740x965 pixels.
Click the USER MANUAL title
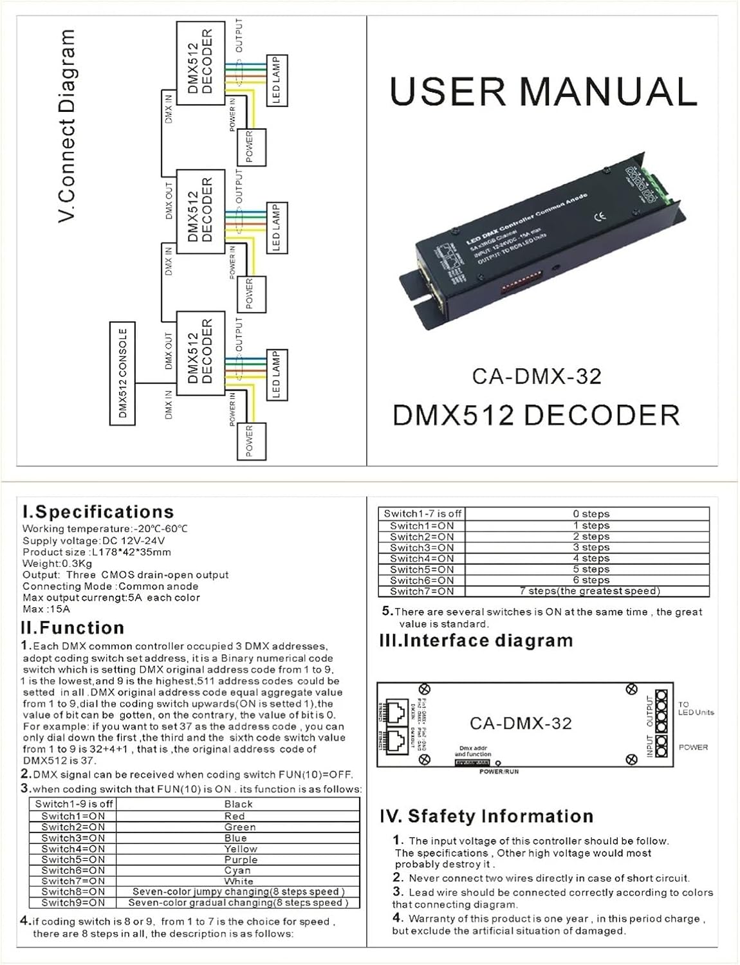point(544,92)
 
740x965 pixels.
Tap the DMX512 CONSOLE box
point(123,373)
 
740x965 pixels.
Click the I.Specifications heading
point(98,512)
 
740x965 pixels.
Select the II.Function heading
point(73,628)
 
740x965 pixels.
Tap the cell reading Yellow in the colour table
point(240,849)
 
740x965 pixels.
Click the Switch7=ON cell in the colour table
point(73,881)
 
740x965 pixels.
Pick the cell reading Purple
point(240,859)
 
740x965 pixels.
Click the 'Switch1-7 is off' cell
point(422,513)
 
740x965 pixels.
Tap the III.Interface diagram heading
point(476,641)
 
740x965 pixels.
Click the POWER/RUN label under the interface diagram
point(499,771)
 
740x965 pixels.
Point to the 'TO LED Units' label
point(695,708)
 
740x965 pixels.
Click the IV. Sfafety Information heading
point(486,816)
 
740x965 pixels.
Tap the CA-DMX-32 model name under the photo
point(537,376)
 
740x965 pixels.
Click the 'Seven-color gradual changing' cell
point(238,903)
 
